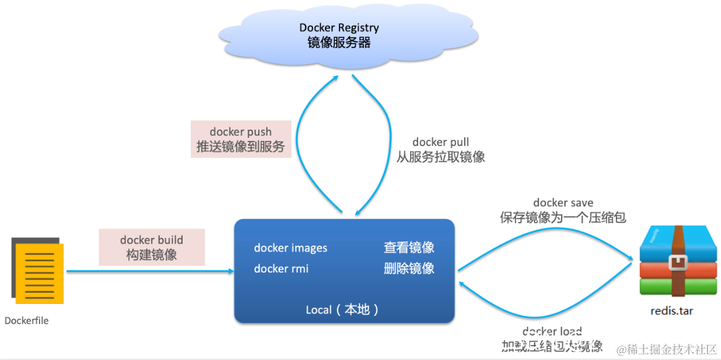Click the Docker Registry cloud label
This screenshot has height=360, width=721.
pos(339,28)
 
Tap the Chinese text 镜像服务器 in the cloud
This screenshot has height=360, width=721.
pos(339,43)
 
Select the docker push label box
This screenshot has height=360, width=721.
pos(241,139)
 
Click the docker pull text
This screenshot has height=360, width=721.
pos(441,142)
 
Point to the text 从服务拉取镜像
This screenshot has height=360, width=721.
pos(441,157)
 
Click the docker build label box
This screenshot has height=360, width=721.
pos(152,247)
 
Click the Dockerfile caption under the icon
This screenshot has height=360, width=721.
pos(26,320)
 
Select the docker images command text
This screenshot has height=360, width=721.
pos(290,248)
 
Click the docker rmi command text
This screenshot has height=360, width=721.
pos(281,269)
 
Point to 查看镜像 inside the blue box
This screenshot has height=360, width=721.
pos(409,248)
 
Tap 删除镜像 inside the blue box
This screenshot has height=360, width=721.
pos(409,269)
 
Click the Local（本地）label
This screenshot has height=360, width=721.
pos(343,310)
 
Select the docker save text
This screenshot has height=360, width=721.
pos(563,203)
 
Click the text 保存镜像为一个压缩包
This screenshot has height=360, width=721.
pos(563,218)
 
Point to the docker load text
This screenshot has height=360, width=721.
pos(552,332)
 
